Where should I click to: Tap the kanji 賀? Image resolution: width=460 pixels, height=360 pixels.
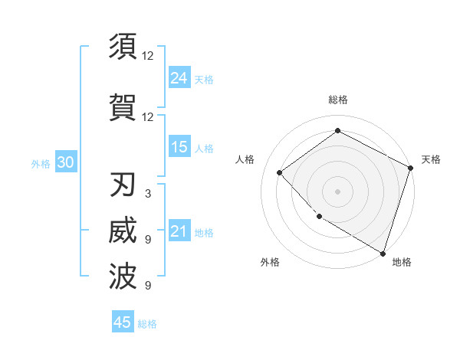123,106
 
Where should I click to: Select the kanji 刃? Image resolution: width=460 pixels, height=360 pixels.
123,186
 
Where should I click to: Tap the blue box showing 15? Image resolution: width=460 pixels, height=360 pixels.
179,146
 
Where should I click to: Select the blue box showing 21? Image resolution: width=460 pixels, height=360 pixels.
179,231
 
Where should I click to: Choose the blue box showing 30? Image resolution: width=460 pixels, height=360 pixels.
65,162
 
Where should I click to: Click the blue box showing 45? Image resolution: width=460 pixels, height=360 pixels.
123,322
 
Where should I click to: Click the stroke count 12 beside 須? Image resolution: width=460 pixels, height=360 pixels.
148,55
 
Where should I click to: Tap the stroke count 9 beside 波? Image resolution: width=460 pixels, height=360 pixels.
147,286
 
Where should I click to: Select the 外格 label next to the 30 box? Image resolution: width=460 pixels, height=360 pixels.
41,163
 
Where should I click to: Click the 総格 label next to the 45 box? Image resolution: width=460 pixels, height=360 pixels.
147,323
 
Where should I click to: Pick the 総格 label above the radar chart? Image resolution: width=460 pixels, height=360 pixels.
337,100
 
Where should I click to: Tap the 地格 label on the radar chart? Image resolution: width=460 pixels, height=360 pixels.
402,263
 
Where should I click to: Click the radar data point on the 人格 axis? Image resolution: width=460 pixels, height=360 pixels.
280,172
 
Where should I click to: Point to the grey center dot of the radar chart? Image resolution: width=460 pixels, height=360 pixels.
337,191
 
